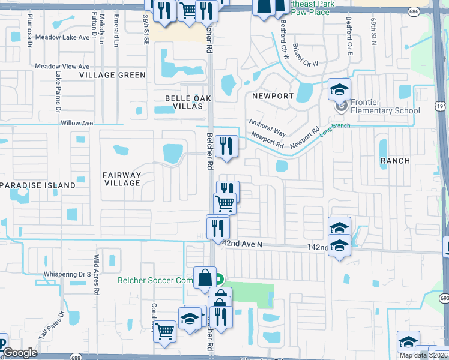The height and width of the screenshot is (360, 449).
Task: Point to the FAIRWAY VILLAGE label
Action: point(122,179)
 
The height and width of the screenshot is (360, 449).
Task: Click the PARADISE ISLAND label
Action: point(38,185)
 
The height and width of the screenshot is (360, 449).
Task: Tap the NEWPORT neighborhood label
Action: point(273,96)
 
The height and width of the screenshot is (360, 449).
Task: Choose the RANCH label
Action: point(395,161)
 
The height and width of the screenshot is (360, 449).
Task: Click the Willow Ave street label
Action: point(77,123)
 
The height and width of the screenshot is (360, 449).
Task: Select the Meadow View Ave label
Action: point(62,67)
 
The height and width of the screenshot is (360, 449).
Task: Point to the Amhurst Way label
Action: point(267,127)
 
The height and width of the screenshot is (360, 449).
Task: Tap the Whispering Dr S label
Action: point(67,275)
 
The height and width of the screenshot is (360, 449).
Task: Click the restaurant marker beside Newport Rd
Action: point(227,146)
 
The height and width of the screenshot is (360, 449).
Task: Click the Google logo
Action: point(20,353)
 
